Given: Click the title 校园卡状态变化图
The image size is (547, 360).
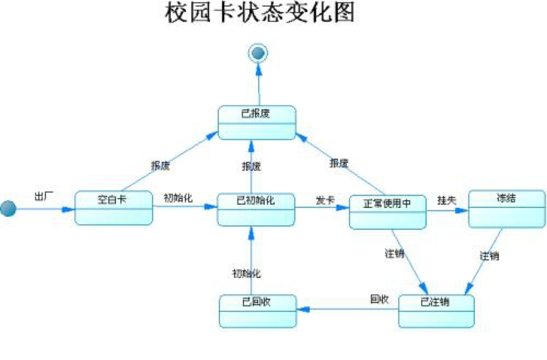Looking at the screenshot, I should (259, 13).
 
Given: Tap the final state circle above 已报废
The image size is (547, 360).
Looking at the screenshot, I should (258, 53).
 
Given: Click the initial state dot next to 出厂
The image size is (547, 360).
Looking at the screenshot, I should (8, 208).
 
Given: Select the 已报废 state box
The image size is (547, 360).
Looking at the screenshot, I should (257, 123).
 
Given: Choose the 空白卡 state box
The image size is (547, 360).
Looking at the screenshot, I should (113, 208).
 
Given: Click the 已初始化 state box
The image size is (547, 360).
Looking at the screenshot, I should (256, 209).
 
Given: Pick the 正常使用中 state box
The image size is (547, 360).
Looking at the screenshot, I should (387, 212).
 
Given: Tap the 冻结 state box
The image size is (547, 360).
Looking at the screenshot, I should (507, 208).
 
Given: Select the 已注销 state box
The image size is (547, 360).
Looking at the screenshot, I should (436, 311).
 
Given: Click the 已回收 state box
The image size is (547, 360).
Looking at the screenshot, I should (257, 311).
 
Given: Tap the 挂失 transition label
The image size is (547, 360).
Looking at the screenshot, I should (446, 200).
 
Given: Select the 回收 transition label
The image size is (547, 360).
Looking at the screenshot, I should (379, 299).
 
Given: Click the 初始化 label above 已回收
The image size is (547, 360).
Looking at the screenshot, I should (246, 272).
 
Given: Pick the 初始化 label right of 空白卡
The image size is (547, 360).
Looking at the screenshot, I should (178, 198).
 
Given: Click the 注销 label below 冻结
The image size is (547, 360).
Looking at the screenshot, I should (489, 256).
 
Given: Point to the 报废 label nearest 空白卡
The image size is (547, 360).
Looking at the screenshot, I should (160, 165).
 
